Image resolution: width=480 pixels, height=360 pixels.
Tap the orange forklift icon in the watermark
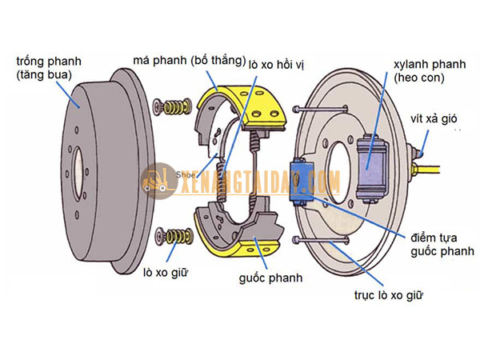click(152, 181)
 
